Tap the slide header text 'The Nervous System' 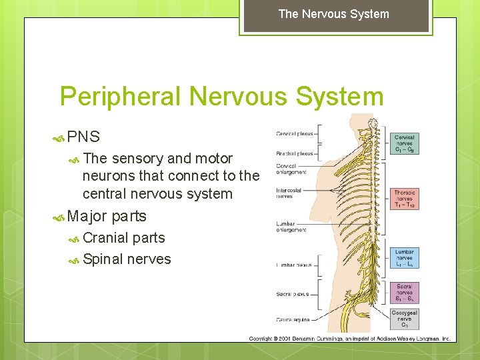coord(333,14)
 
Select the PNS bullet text coord(83,137)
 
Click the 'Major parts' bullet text coord(107,216)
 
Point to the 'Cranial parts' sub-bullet coord(123,238)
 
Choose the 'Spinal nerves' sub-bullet coord(127,259)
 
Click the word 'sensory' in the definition coord(137,159)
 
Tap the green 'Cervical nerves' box coord(405,143)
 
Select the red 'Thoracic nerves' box coord(405,199)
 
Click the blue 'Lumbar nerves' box coord(405,258)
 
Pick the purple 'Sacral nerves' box coord(405,292)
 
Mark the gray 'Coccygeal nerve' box coord(405,319)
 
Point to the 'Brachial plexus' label coord(294,153)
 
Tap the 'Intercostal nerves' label coord(290,193)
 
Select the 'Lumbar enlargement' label coord(291,226)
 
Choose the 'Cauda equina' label coord(294,319)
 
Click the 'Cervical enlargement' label coord(291,169)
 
